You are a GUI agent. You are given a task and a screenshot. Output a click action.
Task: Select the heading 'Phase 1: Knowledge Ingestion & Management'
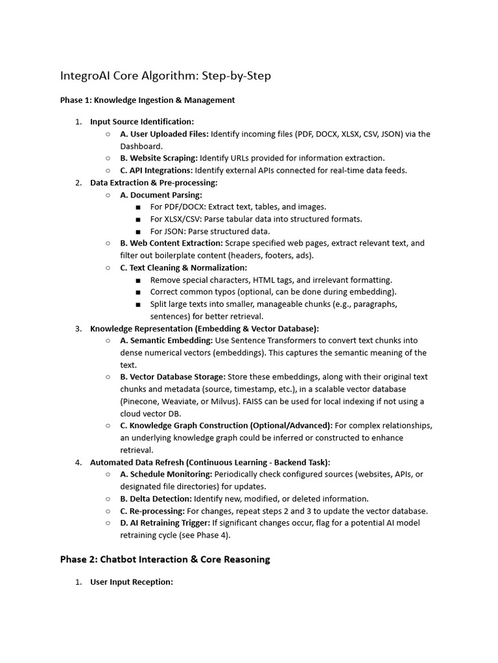tap(147, 100)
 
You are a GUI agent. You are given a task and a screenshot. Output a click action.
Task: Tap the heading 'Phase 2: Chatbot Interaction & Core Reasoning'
tap(165, 559)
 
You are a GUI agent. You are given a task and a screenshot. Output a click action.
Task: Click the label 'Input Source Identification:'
tap(142, 122)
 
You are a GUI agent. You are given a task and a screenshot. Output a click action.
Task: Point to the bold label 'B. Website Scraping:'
tap(159, 158)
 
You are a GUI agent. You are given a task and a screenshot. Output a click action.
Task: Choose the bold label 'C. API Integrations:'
tap(156, 170)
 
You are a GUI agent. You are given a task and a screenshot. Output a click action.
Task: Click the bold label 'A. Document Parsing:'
tap(161, 195)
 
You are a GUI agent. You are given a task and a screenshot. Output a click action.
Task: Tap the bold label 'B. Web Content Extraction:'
tap(171, 243)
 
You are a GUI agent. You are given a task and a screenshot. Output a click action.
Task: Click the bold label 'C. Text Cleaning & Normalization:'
tap(184, 267)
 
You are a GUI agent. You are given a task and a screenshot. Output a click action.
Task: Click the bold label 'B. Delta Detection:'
tap(156, 499)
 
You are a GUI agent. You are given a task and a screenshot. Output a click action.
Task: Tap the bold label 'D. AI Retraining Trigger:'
tap(165, 523)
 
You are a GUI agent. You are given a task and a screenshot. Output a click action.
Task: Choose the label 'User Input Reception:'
tap(132, 582)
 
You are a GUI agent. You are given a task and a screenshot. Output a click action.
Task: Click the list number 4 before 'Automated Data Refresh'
tap(78, 462)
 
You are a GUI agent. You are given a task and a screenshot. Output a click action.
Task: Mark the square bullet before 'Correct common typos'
tap(139, 293)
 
